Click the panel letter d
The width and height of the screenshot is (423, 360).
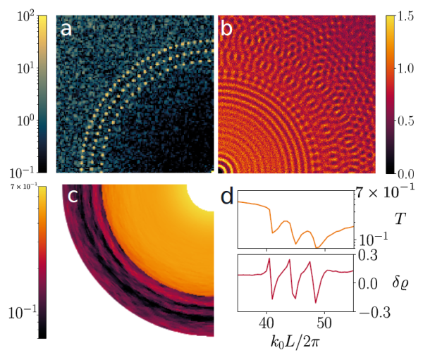click(227, 197)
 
